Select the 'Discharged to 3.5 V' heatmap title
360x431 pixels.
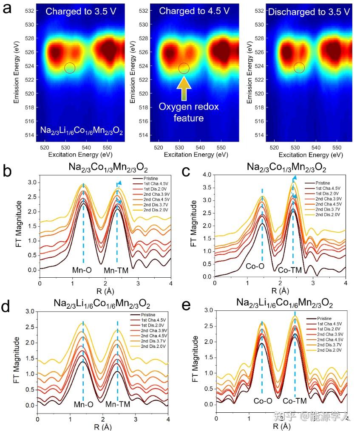pos(309,12)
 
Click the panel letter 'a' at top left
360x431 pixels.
pos(7,8)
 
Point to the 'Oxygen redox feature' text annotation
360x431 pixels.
pos(189,112)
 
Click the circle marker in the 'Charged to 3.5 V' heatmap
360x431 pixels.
pos(70,68)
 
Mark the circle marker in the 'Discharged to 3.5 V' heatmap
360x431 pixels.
pos(299,68)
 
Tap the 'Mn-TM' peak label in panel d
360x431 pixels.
pos(117,404)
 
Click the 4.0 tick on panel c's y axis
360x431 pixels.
pos(207,175)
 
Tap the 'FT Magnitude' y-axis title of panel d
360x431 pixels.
pos(17,360)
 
